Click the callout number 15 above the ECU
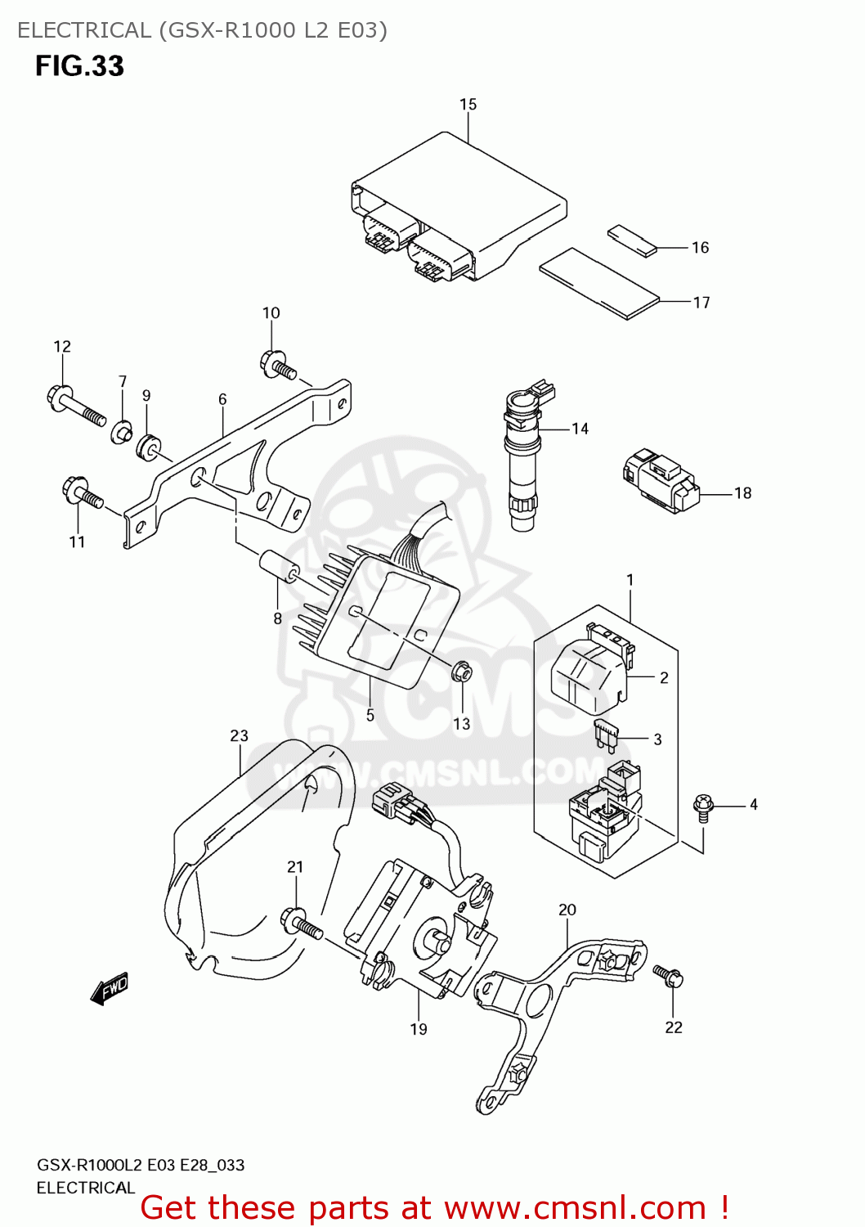click(x=468, y=105)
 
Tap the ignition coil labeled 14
click(x=522, y=458)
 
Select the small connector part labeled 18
click(x=661, y=481)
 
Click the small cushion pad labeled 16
click(x=632, y=240)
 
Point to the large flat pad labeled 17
click(x=598, y=283)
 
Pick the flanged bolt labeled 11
click(x=82, y=494)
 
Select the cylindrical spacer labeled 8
click(x=279, y=567)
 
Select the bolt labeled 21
click(x=302, y=924)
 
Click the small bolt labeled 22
click(x=668, y=976)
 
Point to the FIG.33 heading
click(x=79, y=65)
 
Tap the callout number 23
click(x=239, y=736)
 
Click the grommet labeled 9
click(x=149, y=447)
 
